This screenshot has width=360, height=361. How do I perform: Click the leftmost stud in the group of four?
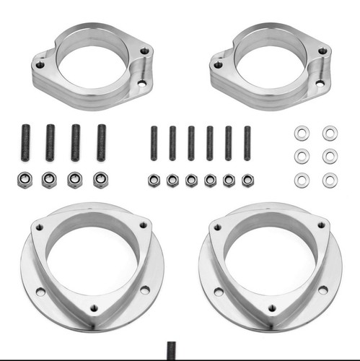(x=26, y=142)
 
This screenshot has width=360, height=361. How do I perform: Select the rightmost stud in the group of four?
(x=101, y=142)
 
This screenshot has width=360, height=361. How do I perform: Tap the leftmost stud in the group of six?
(x=154, y=143)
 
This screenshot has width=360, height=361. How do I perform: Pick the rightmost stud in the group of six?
(x=247, y=143)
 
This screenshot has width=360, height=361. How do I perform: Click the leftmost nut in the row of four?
(x=25, y=180)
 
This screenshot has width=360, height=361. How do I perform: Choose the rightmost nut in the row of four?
(x=100, y=180)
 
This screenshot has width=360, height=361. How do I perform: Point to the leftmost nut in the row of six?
(x=154, y=180)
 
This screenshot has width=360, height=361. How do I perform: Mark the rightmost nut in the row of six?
(x=247, y=180)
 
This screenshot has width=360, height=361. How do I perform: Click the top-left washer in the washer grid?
(x=302, y=133)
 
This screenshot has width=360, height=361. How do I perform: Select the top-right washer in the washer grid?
(x=330, y=133)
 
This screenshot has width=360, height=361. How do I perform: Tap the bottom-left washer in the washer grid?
(x=302, y=180)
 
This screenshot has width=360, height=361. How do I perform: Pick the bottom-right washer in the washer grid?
(x=330, y=180)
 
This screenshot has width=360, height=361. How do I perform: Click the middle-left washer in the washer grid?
(x=302, y=156)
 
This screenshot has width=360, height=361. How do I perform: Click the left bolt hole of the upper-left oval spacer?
(x=40, y=64)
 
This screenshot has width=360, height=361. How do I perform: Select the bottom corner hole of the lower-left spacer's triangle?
(x=94, y=308)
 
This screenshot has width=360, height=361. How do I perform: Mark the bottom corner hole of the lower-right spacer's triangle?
(x=272, y=308)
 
